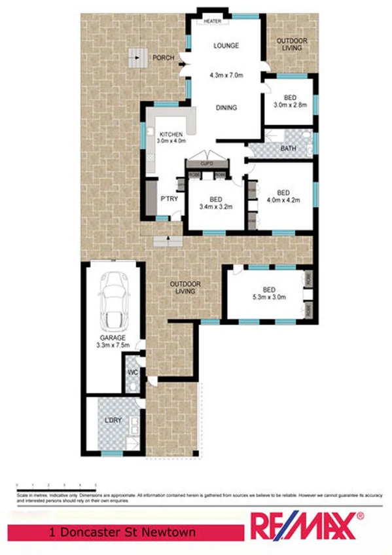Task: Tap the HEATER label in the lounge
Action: click(212, 21)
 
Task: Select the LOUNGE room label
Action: click(226, 46)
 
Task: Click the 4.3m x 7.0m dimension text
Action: click(226, 75)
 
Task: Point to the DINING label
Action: click(226, 108)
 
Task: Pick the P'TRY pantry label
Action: click(169, 199)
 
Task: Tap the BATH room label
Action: click(288, 149)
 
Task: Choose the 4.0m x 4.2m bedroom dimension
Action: click(283, 201)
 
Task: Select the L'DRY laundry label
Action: click(113, 421)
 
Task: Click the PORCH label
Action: click(163, 58)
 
